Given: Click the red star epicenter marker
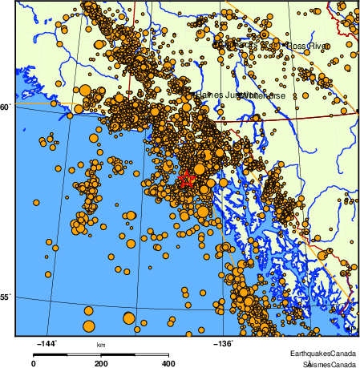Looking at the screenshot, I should pos(186,180).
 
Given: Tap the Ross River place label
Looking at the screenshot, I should pos(308,47).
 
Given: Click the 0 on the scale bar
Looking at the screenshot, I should pos(33,363).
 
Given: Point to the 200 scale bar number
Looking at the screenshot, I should pos(101,363).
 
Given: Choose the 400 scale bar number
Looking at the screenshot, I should pos(168,363).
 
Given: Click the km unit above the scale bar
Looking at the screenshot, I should pos(101,346).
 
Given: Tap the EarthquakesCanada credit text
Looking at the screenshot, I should pos(324,354).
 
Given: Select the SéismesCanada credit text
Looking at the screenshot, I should pos(324,363).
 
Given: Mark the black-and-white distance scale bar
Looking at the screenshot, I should pos(101,354).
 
